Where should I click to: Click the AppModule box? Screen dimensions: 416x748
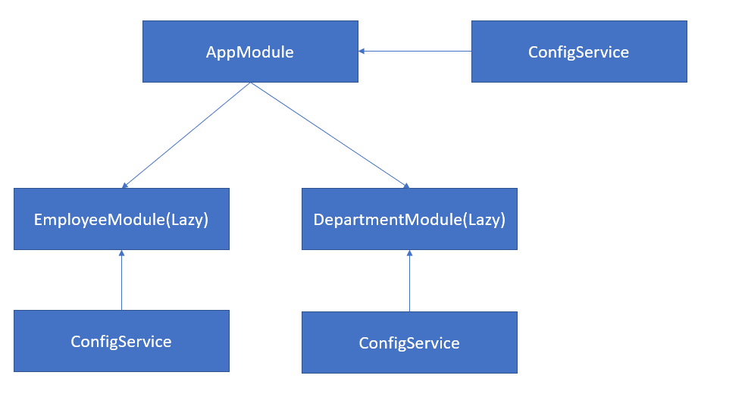point(250,52)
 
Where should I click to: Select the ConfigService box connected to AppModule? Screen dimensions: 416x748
point(579,52)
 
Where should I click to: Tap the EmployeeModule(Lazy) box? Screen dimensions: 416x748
point(121,219)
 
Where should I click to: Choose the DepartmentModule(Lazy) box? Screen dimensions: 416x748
point(409,219)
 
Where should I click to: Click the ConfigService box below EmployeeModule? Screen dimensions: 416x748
point(121,341)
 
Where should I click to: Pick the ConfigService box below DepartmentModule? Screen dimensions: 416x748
point(409,342)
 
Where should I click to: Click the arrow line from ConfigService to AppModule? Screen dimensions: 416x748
point(417,52)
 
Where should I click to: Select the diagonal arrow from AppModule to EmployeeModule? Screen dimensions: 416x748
point(186,135)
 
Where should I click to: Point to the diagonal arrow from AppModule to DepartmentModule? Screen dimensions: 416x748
point(330,135)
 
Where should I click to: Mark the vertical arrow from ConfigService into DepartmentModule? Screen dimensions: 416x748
point(409,283)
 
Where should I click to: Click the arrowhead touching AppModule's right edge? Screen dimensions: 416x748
point(362,52)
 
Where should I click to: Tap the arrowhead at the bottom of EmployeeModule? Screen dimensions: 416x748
point(121,254)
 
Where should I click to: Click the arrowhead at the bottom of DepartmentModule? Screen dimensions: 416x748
point(409,254)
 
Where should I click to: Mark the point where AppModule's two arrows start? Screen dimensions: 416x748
point(251,83)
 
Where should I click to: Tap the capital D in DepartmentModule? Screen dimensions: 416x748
point(319,220)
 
